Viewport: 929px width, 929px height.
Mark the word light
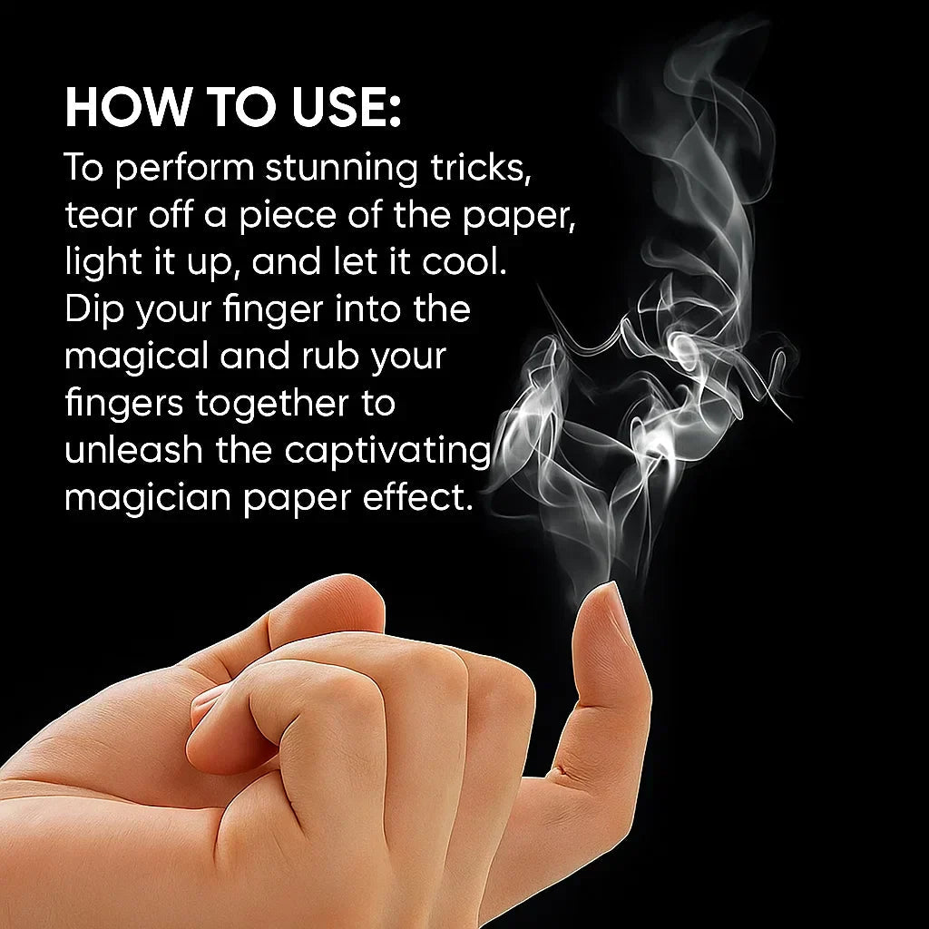[103, 263]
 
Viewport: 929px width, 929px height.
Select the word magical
[135, 357]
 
